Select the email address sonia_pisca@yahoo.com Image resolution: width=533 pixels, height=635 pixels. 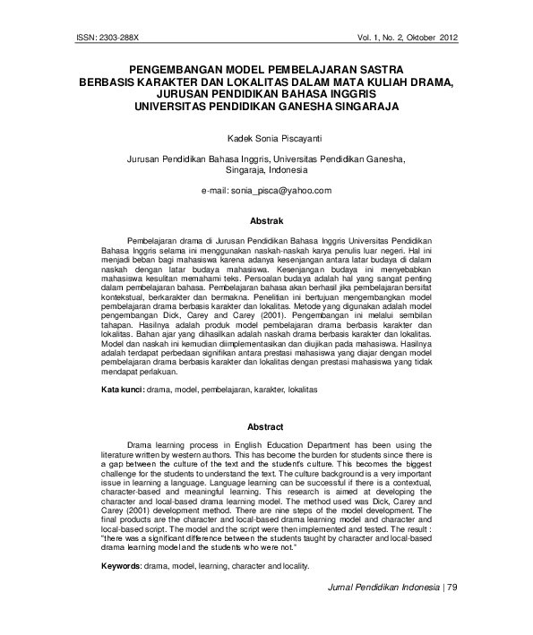280,191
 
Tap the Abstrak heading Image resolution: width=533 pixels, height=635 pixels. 266,220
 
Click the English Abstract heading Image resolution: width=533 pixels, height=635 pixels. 265,427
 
